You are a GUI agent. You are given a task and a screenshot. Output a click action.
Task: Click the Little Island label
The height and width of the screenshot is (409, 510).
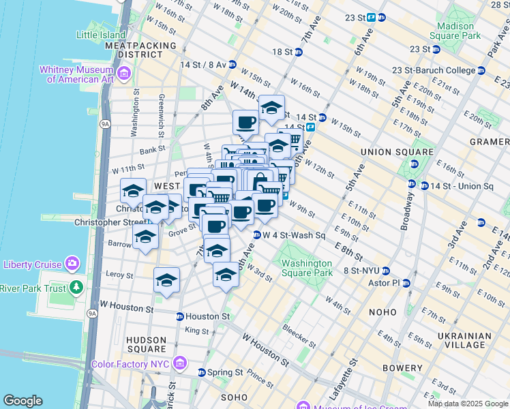pyautogui.click(x=101, y=35)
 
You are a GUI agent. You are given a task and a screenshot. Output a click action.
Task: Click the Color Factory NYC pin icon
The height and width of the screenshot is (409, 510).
pyautogui.click(x=180, y=364)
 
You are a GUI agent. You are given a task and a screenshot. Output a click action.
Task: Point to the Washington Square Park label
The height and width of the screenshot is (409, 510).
pyautogui.click(x=307, y=268)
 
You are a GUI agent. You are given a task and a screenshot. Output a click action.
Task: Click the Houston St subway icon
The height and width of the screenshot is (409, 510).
pyautogui.click(x=180, y=316)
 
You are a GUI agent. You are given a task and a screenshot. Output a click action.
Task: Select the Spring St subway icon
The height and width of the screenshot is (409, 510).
pyautogui.click(x=201, y=373)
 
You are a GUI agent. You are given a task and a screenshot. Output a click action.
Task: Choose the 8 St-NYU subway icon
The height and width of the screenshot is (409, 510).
pyautogui.click(x=386, y=271)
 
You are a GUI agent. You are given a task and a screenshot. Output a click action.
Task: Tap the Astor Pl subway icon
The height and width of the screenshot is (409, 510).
pyautogui.click(x=406, y=283)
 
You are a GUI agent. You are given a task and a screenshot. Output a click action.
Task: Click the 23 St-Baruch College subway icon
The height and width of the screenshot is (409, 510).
pyautogui.click(x=481, y=70)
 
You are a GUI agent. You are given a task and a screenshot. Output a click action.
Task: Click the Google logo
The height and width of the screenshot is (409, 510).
pyautogui.click(x=22, y=400)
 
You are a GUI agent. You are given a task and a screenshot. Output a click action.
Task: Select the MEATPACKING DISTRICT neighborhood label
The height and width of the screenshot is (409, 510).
pyautogui.click(x=140, y=50)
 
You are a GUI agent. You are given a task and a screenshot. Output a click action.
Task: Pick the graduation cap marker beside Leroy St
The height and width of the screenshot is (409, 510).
pyautogui.click(x=166, y=279)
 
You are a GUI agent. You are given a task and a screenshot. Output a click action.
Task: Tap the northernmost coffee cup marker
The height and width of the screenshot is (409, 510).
pyautogui.click(x=246, y=123)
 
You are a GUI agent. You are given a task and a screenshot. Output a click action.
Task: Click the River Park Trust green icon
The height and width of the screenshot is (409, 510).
pyautogui.click(x=77, y=288)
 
